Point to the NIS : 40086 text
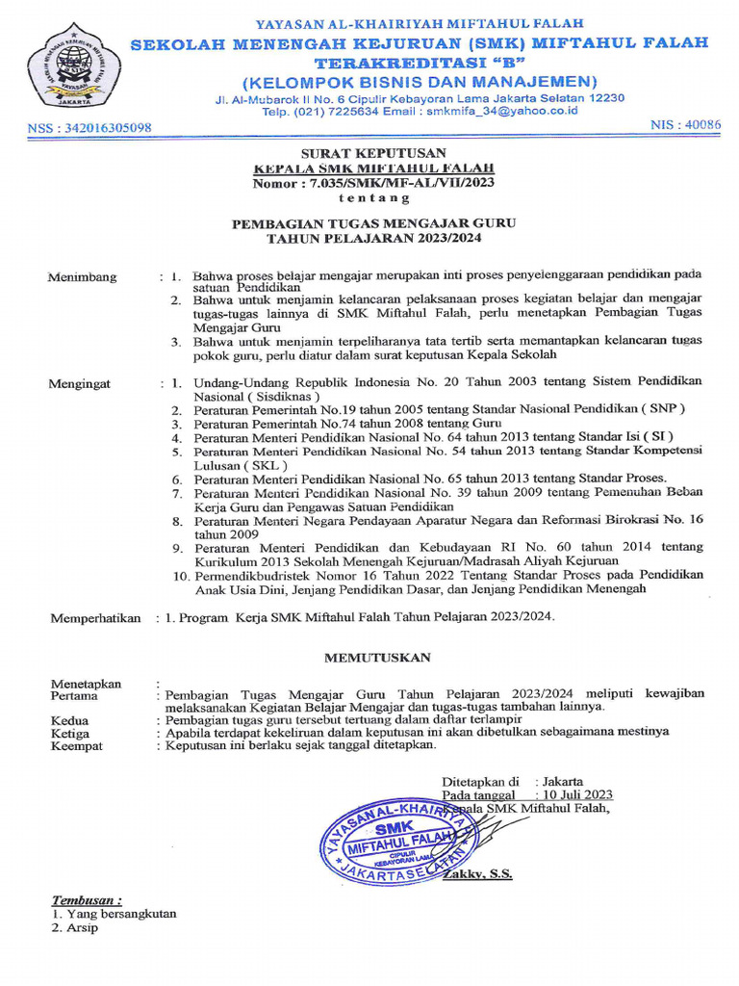pyautogui.click(x=686, y=125)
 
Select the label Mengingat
pyautogui.click(x=81, y=384)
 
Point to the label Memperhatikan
pyautogui.click(x=95, y=618)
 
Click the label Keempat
pyautogui.click(x=76, y=745)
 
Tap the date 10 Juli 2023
pyautogui.click(x=577, y=794)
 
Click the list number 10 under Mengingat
pyautogui.click(x=180, y=575)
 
